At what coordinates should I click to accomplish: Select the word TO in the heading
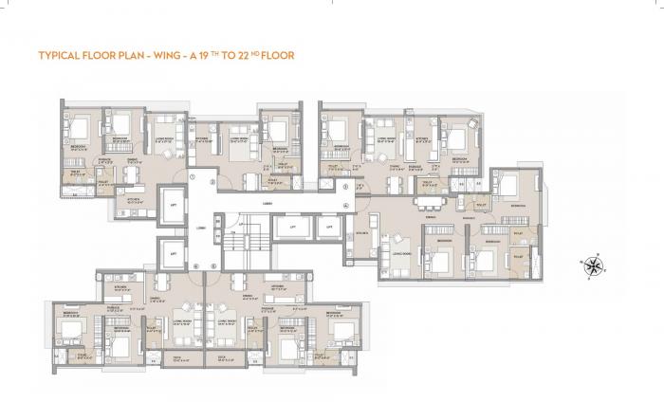tap(239, 56)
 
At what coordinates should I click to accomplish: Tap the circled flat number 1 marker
tap(192, 176)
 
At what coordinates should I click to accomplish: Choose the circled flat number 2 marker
tap(214, 181)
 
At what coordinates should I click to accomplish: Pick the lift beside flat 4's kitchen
tap(327, 228)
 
